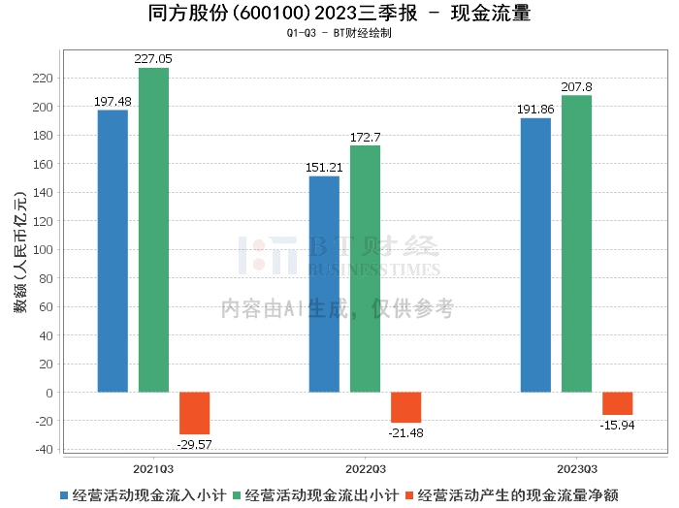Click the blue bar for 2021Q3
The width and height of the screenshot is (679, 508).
click(x=113, y=251)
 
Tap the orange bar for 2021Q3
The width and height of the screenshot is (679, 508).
click(x=194, y=413)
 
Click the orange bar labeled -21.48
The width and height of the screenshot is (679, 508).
click(x=405, y=407)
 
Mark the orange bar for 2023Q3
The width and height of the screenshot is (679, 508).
click(x=617, y=403)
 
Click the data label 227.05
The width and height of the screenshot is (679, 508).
click(x=153, y=59)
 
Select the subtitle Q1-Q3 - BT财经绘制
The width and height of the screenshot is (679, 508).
click(x=339, y=33)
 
